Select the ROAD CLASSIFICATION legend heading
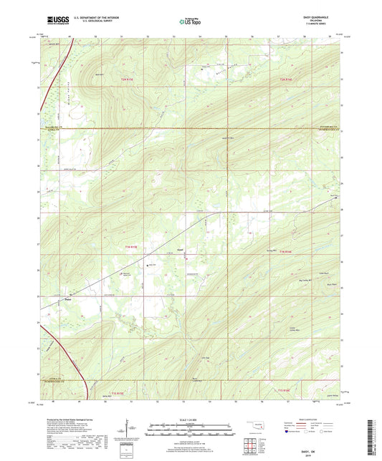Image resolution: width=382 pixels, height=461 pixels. [x=315, y=419]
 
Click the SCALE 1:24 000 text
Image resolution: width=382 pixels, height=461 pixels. [x=191, y=419]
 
